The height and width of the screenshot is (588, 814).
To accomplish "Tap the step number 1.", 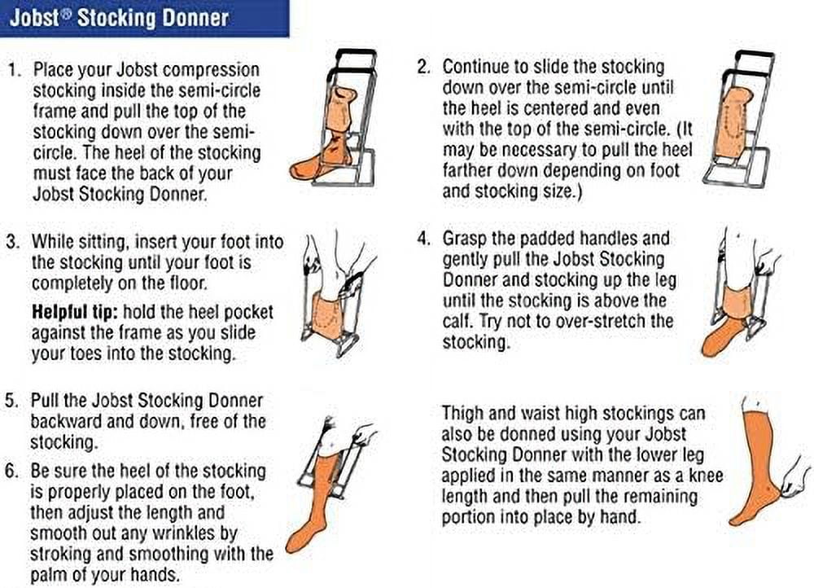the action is pos(15,70).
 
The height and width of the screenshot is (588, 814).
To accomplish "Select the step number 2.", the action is pos(423,68).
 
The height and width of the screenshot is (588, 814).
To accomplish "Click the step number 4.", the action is pos(423,239).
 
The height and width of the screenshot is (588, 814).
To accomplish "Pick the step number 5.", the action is pos(12,401).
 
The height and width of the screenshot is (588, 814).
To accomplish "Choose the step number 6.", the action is pos(12,471).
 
